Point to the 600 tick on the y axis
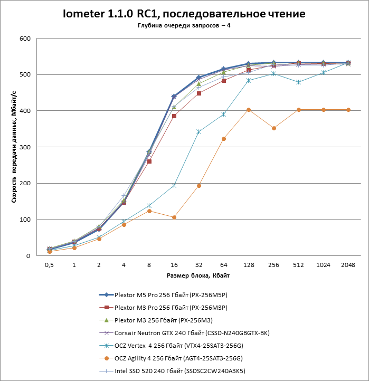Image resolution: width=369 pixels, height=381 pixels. click(25, 39)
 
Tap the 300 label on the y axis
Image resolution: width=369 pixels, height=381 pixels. click(25, 147)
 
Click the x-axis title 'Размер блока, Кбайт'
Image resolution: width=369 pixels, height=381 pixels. click(198, 275)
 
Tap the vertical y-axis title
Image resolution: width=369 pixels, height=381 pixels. click(14, 147)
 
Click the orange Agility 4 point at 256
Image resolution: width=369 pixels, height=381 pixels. click(273, 128)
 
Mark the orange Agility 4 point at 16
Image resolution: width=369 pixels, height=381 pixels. click(174, 217)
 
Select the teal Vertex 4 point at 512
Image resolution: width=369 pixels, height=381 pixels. click(299, 82)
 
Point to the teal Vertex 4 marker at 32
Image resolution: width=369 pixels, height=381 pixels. click(198, 131)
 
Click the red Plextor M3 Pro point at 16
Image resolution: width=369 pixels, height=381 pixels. click(174, 116)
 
